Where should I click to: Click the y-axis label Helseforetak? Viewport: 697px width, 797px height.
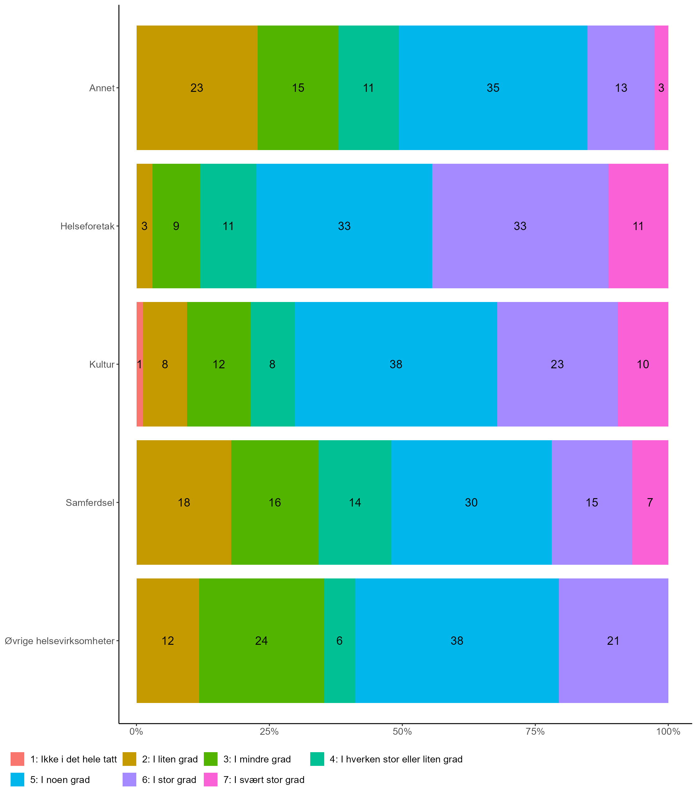click(87, 226)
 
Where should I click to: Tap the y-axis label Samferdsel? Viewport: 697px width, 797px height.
click(90, 502)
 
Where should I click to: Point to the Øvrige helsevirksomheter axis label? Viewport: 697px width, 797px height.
click(59, 641)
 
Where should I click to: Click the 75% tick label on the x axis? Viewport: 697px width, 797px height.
click(535, 732)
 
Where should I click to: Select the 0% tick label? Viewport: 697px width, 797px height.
click(136, 732)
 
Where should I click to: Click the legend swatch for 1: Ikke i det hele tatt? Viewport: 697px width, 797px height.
click(17, 759)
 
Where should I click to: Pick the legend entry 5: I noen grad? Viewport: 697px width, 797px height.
click(60, 780)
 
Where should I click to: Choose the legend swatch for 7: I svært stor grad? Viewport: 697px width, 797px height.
click(210, 780)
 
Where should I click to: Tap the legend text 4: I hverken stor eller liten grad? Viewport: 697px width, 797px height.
click(396, 759)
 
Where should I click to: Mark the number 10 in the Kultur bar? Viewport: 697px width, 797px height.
click(643, 364)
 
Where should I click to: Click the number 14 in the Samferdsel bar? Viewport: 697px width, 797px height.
click(355, 502)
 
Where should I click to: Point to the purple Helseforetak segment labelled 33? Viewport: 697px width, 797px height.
click(520, 226)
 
